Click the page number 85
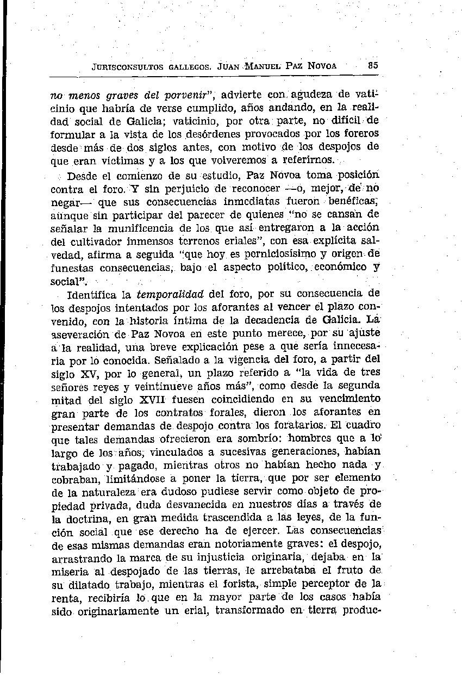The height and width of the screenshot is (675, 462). (x=372, y=64)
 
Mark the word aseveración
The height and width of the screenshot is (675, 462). (x=79, y=334)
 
